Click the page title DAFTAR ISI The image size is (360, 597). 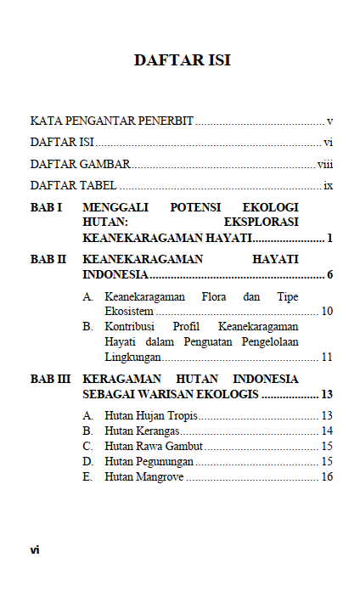pyautogui.click(x=182, y=60)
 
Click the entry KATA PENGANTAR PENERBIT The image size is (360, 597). pyautogui.click(x=112, y=121)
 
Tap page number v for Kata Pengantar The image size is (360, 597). pyautogui.click(x=329, y=121)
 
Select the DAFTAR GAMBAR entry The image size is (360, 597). pyautogui.click(x=80, y=164)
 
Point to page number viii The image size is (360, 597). pyautogui.click(x=324, y=164)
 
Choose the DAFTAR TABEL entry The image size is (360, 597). pyautogui.click(x=74, y=185)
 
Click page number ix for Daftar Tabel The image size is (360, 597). pyautogui.click(x=328, y=185)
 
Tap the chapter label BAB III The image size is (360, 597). pyautogui.click(x=50, y=379)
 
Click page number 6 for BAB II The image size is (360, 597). pyautogui.click(x=329, y=275)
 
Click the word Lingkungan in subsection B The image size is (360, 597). pyautogui.click(x=132, y=357)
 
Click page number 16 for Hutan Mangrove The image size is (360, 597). pyautogui.click(x=326, y=477)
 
